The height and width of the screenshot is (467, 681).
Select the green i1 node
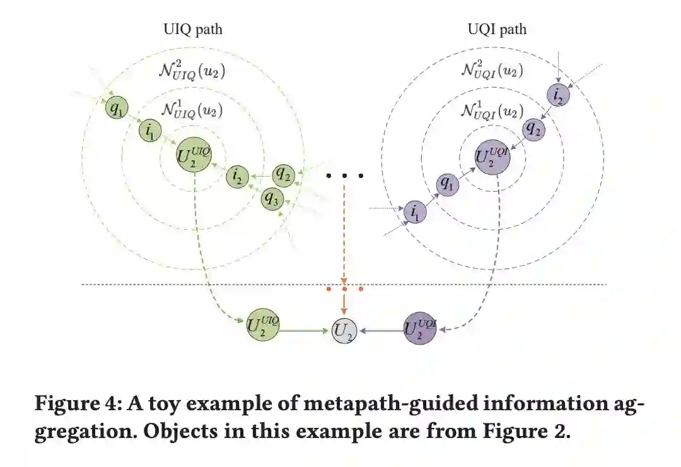coord(151,131)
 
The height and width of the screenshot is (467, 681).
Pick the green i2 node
coord(237,177)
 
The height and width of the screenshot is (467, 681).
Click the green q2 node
coord(284,174)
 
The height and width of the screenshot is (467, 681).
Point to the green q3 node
coord(272,199)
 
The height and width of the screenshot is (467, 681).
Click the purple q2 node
coord(533,129)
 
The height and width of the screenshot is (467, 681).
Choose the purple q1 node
coord(448,184)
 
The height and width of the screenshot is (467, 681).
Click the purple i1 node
coord(415,213)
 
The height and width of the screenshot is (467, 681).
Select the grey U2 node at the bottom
coord(344,330)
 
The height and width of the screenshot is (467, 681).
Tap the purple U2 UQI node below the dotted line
coord(420,328)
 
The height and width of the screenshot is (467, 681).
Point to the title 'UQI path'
coord(497,29)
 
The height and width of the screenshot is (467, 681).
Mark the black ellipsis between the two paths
coord(344,176)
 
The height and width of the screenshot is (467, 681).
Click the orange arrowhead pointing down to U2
coord(344,311)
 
